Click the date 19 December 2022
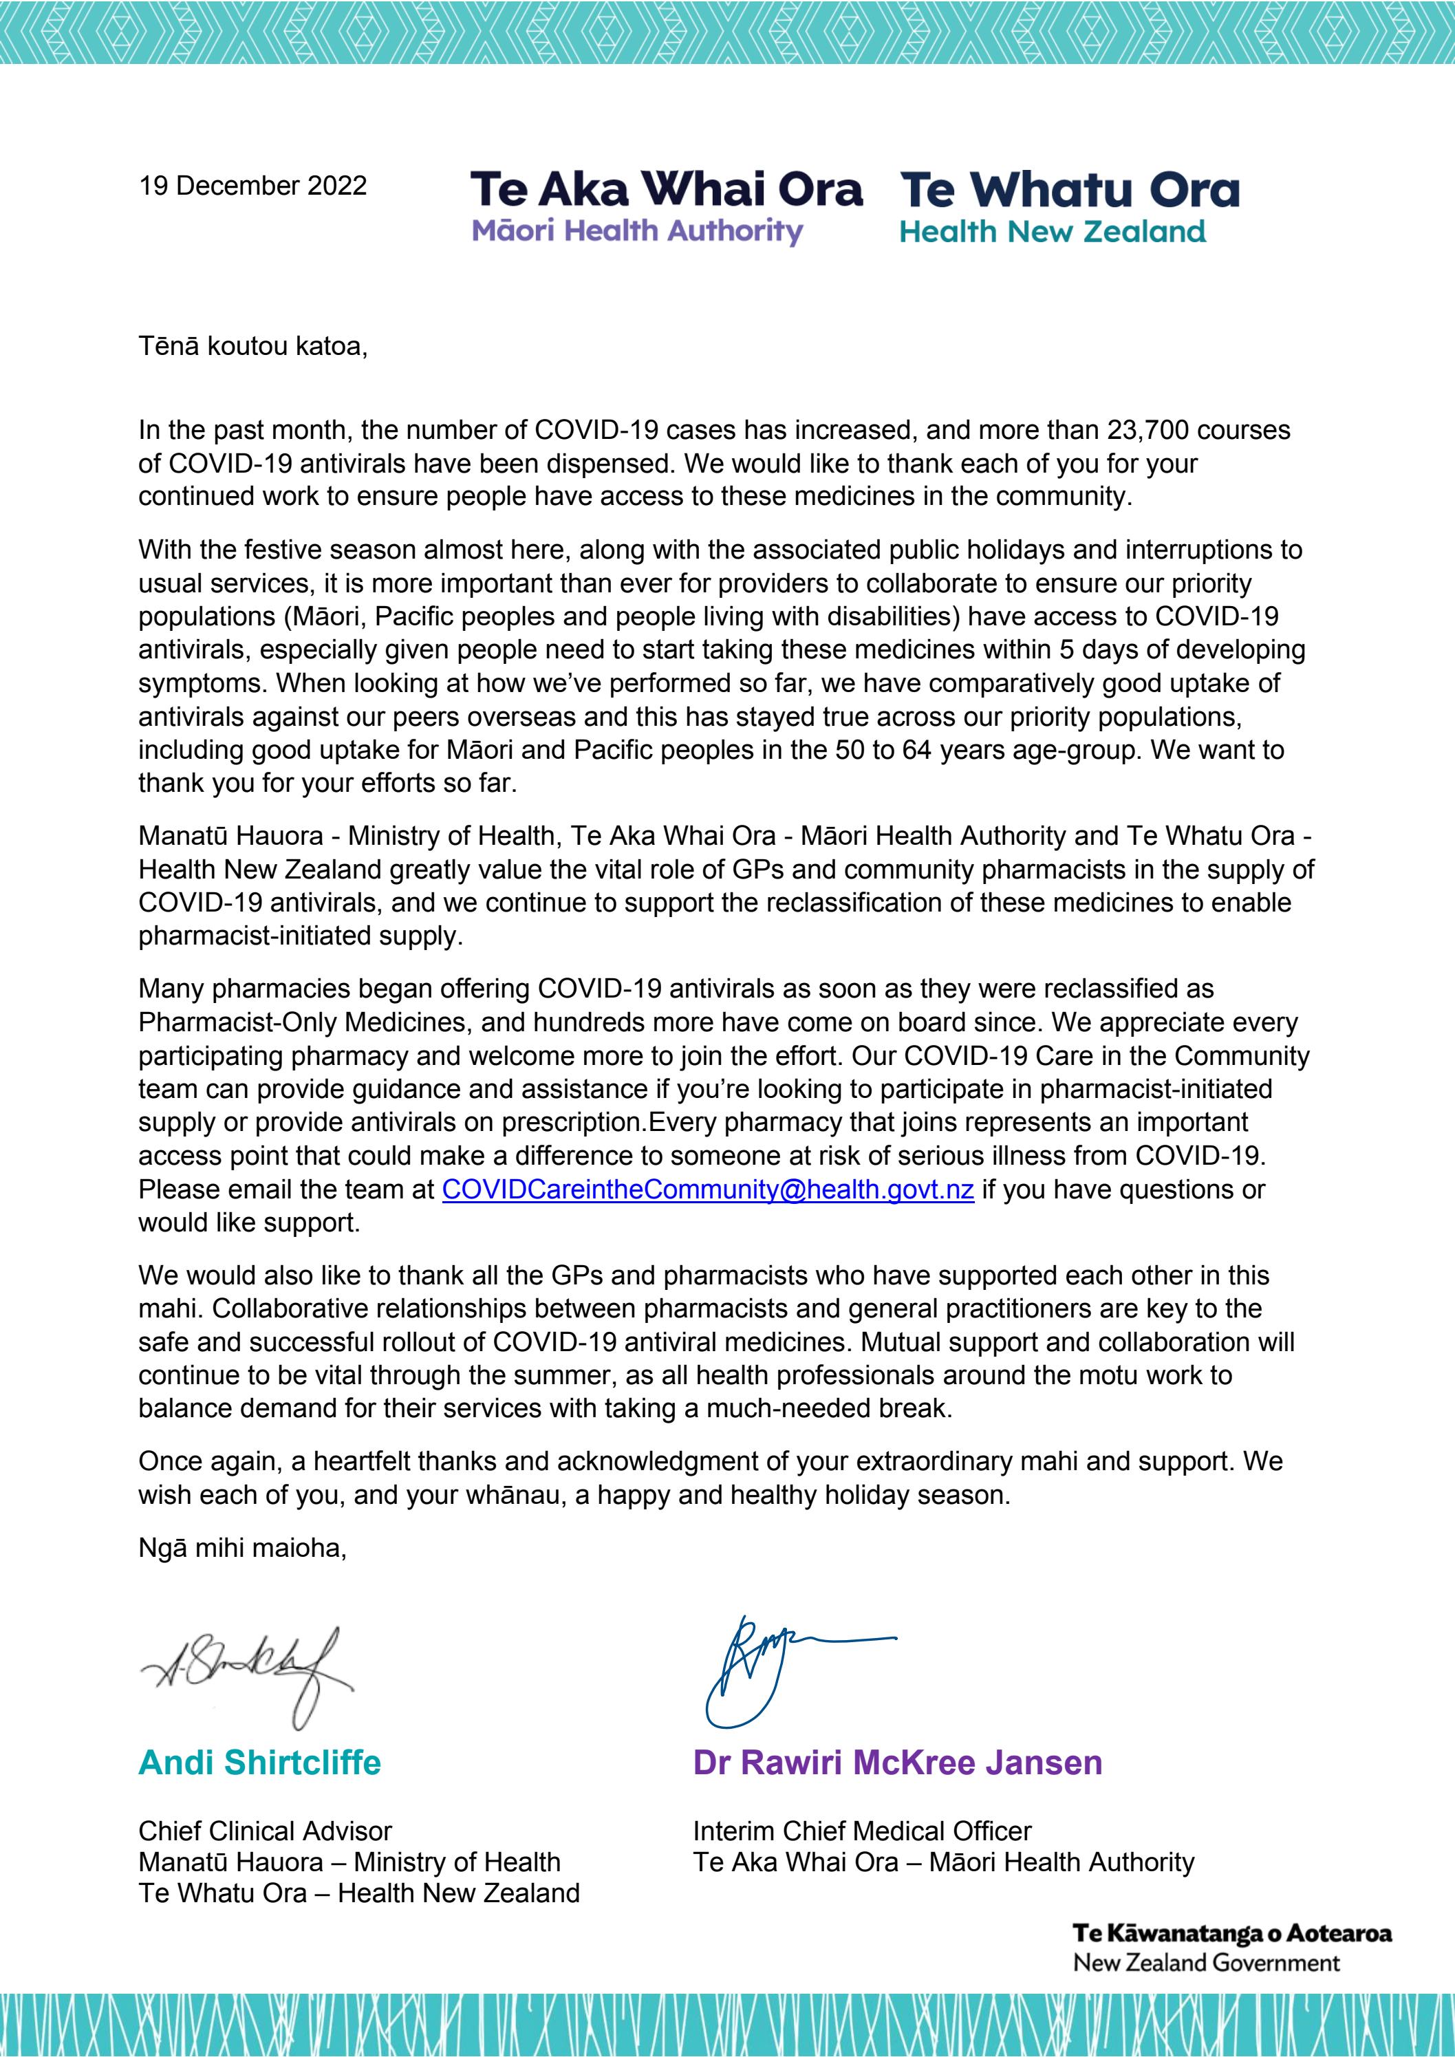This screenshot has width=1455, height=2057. (x=252, y=186)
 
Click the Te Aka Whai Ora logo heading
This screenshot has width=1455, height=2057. (x=666, y=190)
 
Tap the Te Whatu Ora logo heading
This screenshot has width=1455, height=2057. (x=1070, y=190)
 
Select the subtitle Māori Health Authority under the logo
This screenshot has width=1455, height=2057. (x=637, y=231)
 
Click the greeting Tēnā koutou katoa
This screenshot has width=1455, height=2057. (x=252, y=347)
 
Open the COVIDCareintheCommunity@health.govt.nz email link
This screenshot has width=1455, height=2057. (x=708, y=1189)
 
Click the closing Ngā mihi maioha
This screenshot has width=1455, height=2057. (x=242, y=1548)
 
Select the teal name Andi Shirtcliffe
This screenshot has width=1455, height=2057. (x=260, y=1763)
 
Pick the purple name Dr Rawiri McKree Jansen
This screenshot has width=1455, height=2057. (x=897, y=1763)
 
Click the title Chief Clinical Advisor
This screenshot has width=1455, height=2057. (x=265, y=1831)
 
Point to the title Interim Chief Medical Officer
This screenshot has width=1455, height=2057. (x=862, y=1831)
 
